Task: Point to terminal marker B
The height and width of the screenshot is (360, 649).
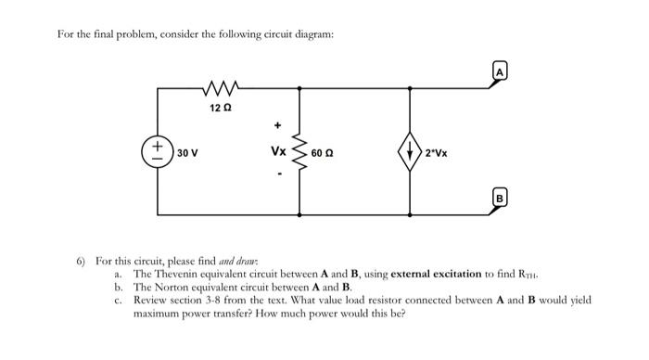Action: tap(500, 197)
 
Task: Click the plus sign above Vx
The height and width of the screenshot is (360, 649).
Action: tap(276, 123)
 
